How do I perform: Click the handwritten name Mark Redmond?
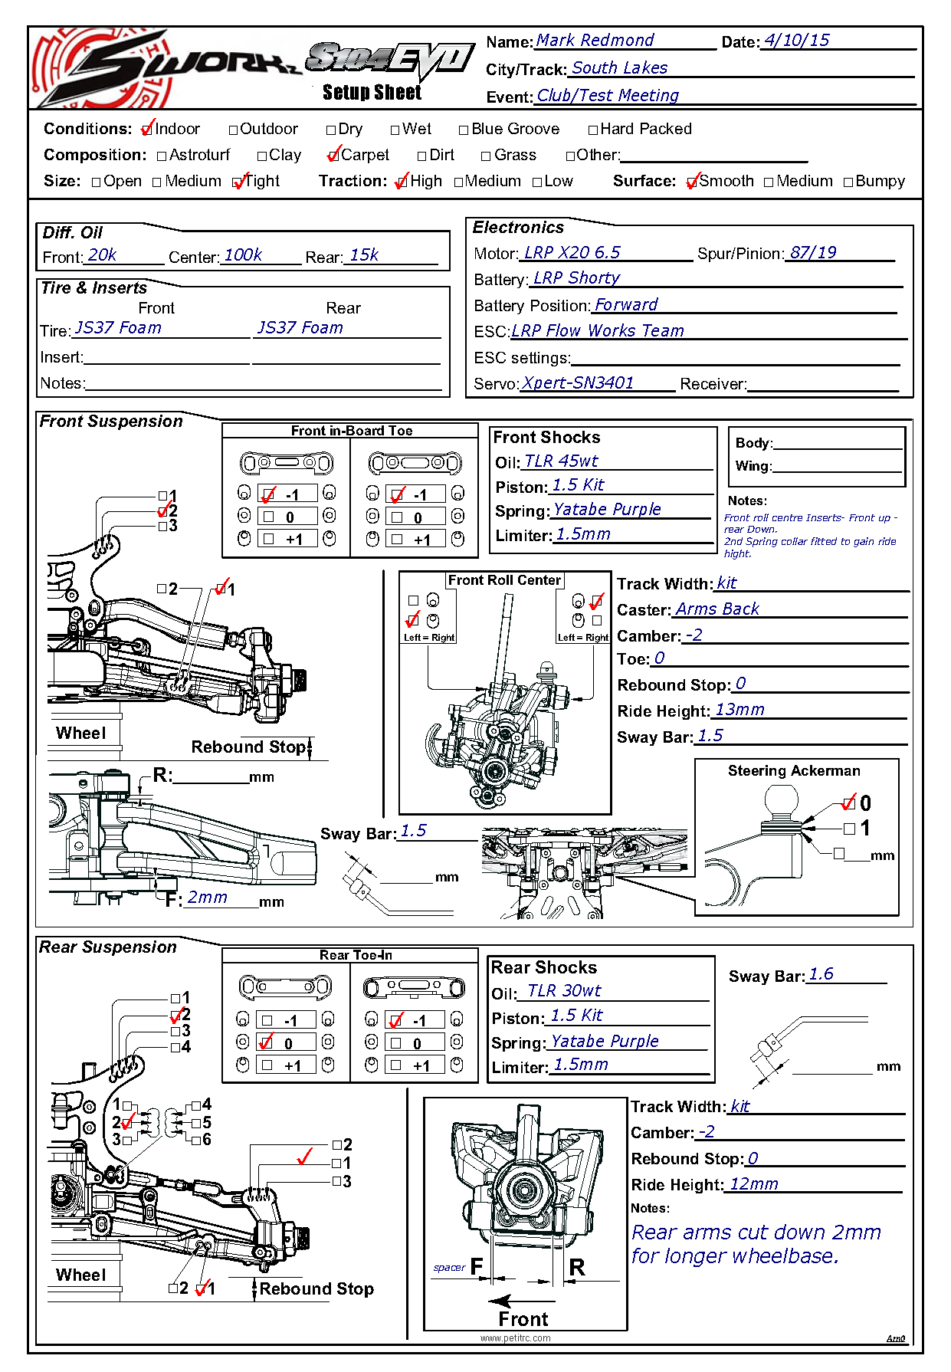pyautogui.click(x=595, y=41)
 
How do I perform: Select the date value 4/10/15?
pyautogui.click(x=797, y=41)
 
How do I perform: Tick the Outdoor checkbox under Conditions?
pyautogui.click(x=234, y=130)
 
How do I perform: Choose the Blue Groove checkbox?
pyautogui.click(x=464, y=130)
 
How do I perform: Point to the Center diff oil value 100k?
pyautogui.click(x=243, y=255)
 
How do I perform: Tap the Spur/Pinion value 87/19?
pyautogui.click(x=813, y=253)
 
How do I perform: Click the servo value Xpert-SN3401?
pyautogui.click(x=578, y=383)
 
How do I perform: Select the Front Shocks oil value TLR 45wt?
pyautogui.click(x=561, y=461)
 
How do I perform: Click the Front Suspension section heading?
pyautogui.click(x=111, y=422)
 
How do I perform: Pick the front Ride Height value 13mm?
pyautogui.click(x=739, y=710)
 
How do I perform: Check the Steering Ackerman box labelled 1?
pyautogui.click(x=849, y=829)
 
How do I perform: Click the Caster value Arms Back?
pyautogui.click(x=717, y=609)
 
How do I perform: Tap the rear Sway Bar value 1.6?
pyautogui.click(x=821, y=974)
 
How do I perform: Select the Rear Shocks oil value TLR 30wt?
pyautogui.click(x=564, y=991)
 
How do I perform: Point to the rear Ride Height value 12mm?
pyautogui.click(x=753, y=1184)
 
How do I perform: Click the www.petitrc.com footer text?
pyautogui.click(x=515, y=1338)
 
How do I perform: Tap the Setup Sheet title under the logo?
pyautogui.click(x=372, y=93)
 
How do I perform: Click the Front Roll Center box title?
pyautogui.click(x=504, y=580)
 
